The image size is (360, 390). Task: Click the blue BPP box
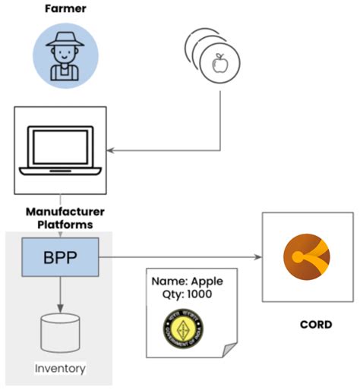point(60,256)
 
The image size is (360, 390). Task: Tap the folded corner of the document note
point(228,350)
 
